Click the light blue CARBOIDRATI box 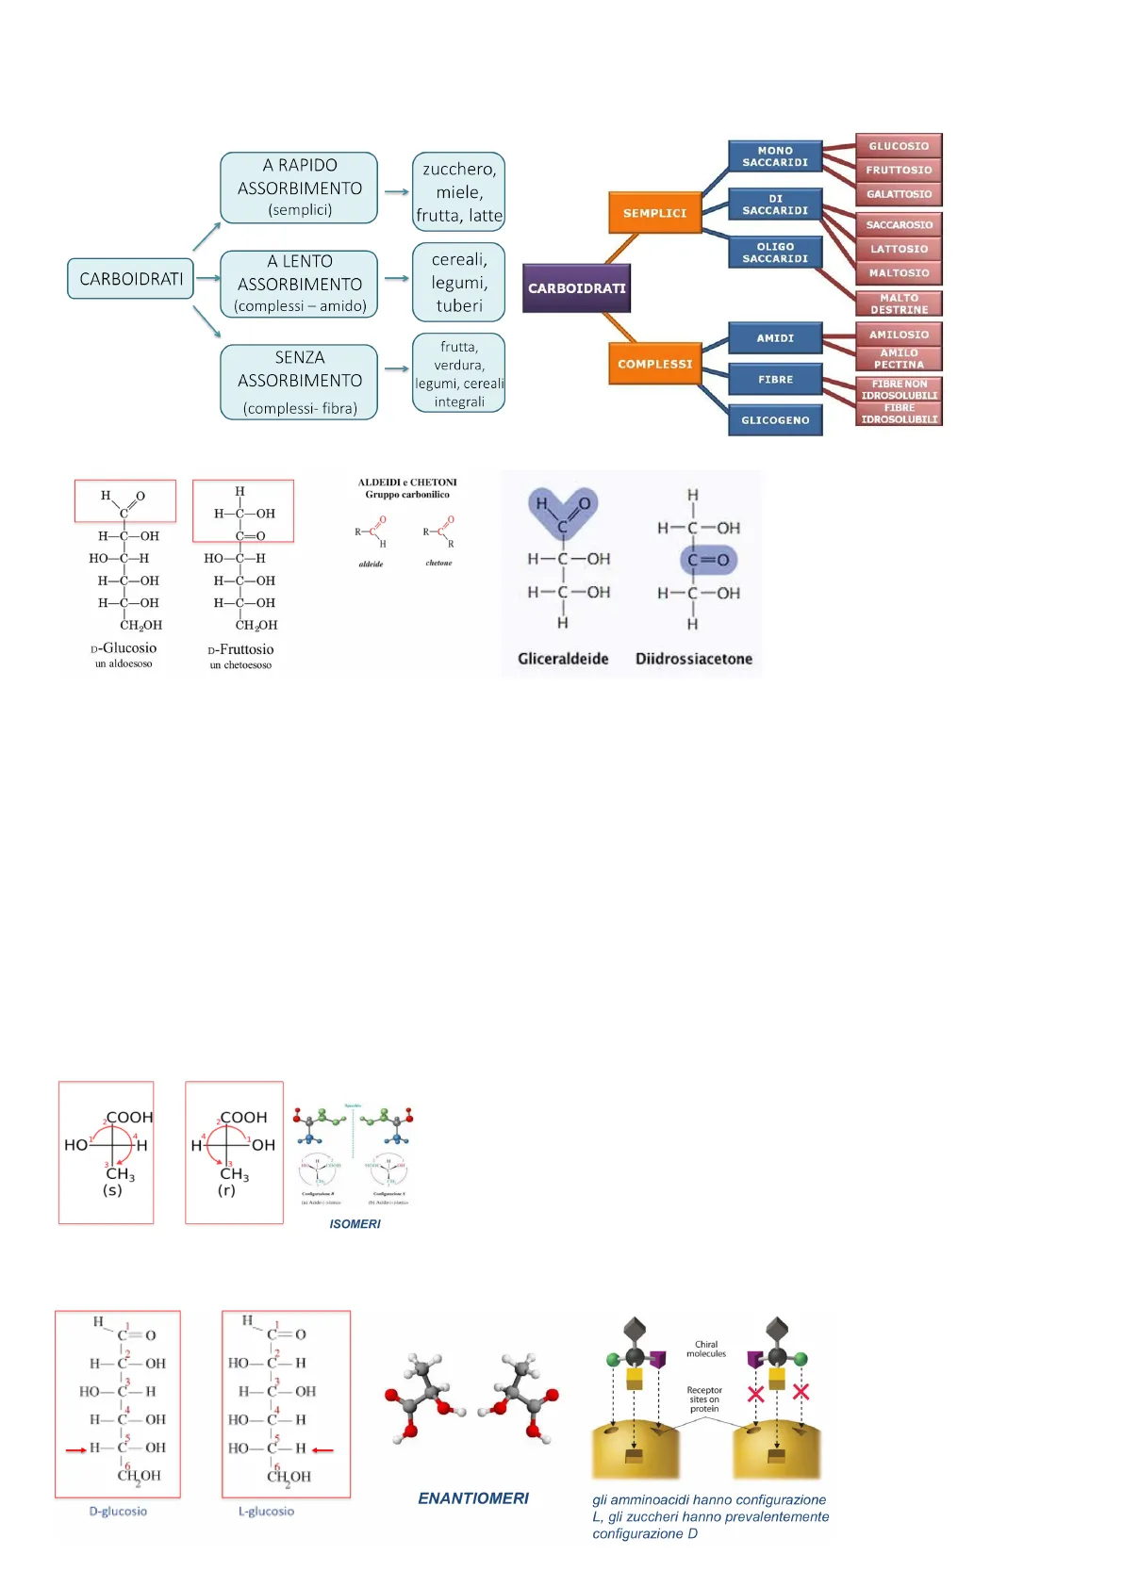(130, 279)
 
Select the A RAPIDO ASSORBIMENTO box (299, 188)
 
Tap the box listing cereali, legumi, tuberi (458, 283)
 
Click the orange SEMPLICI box (654, 213)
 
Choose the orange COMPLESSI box (654, 364)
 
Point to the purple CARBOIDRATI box (576, 288)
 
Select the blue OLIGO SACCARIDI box (775, 253)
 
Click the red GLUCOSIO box (899, 146)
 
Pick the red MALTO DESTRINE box (899, 303)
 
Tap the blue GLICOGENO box (775, 420)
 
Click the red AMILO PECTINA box (899, 359)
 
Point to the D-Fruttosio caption (240, 649)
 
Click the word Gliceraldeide (563, 659)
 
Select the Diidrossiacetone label (693, 659)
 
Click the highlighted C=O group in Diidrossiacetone (708, 560)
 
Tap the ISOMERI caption (355, 1224)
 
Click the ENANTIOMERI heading (473, 1498)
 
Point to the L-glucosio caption (266, 1512)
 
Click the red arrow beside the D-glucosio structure (75, 1449)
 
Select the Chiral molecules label (706, 1349)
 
